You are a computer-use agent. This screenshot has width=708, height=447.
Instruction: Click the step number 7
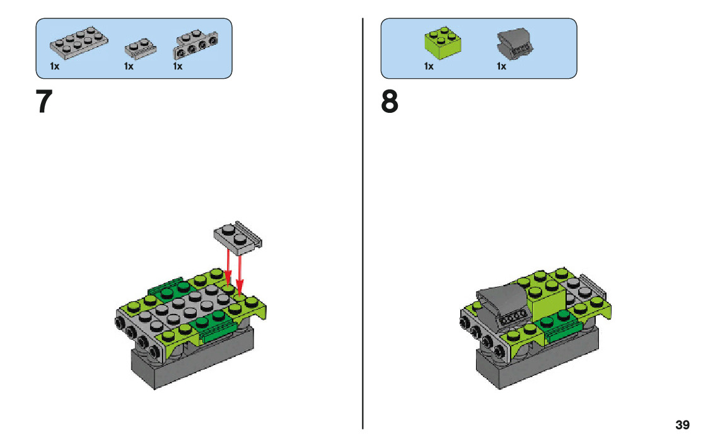[x=44, y=102]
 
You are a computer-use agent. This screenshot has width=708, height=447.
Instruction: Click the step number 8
[x=390, y=102]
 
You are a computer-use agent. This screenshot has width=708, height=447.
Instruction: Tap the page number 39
[x=682, y=425]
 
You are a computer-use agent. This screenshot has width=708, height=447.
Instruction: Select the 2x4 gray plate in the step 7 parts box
[x=78, y=42]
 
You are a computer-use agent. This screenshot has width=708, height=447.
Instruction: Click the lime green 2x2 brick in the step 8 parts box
[x=441, y=42]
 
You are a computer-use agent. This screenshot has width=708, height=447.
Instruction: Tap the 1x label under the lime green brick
[x=429, y=66]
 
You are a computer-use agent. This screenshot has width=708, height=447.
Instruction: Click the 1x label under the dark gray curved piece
[x=501, y=66]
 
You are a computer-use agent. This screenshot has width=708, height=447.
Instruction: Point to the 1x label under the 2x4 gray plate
[x=55, y=66]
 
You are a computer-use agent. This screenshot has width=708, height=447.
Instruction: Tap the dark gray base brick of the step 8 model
[x=536, y=363]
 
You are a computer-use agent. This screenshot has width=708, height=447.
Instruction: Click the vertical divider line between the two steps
[x=363, y=221]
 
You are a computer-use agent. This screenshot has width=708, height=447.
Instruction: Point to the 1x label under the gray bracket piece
[x=178, y=66]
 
